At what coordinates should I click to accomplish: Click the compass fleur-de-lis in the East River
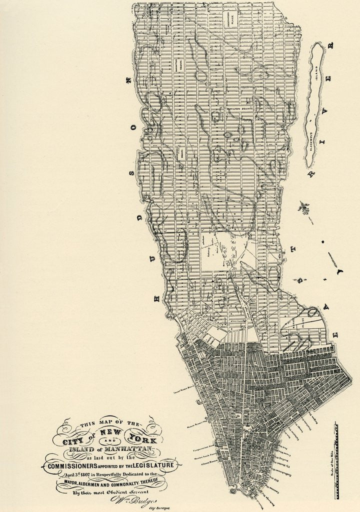[303, 207]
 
